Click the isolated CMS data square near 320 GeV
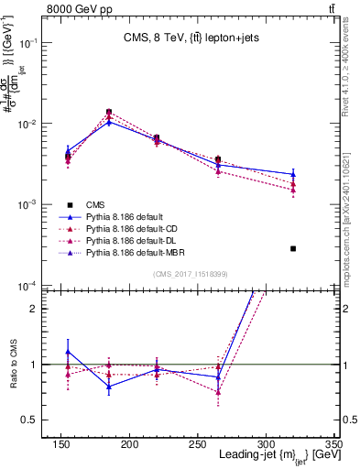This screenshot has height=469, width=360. coord(293,248)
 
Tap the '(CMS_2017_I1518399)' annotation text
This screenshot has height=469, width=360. coord(190,274)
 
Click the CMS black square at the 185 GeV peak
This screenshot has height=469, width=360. coord(109,112)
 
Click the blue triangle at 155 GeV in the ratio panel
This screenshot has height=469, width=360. coord(68,352)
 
